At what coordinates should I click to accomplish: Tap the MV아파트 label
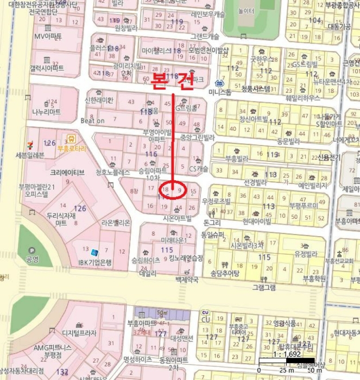48,36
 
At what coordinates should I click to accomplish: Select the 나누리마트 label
46,112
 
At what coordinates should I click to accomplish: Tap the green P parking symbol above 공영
30,250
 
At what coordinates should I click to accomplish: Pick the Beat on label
92,121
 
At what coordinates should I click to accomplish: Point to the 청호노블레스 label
113,173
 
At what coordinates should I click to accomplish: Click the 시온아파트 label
177,218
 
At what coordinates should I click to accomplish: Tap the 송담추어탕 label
224,273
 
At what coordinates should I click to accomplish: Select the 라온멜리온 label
116,223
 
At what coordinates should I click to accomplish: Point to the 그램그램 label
264,287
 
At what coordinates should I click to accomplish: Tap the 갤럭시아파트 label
47,68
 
